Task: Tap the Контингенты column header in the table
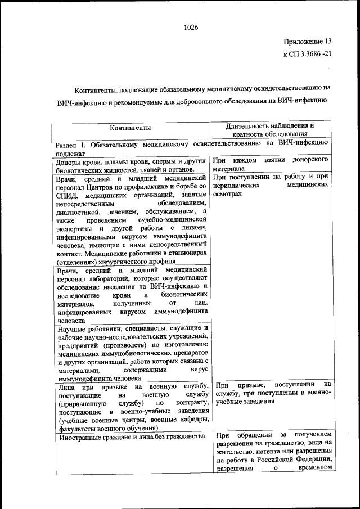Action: (130, 128)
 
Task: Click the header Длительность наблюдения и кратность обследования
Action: (269, 130)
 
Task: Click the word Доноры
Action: (70, 161)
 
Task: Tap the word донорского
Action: (311, 160)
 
